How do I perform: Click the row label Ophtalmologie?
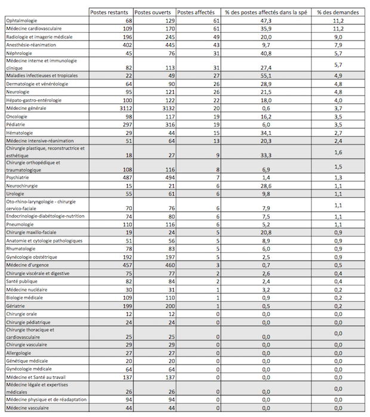24,20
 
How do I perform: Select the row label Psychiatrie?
20,177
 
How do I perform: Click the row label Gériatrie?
17,305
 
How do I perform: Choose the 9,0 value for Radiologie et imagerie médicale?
338,36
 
